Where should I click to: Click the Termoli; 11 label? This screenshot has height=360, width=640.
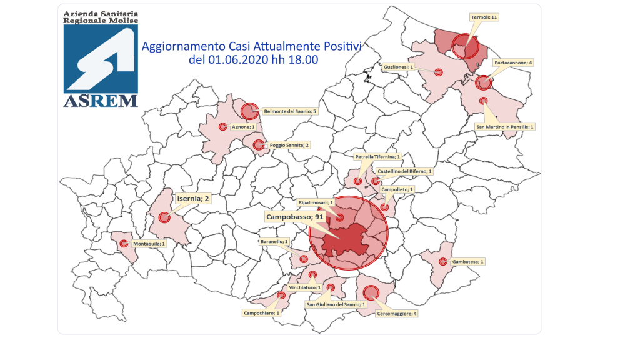484,17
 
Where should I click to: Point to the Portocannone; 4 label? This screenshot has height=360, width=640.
512,63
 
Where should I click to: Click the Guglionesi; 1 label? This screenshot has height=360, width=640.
398,66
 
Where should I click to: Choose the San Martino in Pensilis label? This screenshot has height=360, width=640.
505,126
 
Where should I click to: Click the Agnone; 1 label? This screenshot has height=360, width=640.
243,127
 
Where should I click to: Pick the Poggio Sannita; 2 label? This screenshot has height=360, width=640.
289,145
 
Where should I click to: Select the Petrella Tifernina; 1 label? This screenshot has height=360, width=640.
377,156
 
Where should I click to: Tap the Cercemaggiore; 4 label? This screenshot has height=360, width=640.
396,312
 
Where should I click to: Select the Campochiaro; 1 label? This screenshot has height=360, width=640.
261,313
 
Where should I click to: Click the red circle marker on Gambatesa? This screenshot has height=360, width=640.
443,262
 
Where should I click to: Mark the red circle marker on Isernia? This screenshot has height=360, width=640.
164,217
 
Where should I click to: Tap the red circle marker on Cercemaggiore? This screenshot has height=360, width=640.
370,292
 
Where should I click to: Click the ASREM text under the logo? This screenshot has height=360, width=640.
100,101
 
